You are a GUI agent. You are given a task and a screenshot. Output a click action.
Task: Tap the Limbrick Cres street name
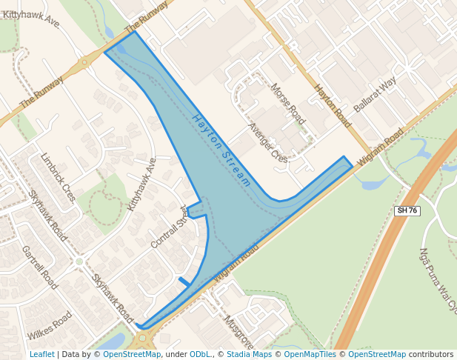click(x=59, y=177)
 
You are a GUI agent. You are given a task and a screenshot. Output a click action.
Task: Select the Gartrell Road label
click(x=40, y=267)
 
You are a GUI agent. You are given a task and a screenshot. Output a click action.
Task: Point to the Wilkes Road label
click(x=50, y=325)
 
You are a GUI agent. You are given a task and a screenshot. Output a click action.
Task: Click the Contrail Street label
click(x=170, y=227)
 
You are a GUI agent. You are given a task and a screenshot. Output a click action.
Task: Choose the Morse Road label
click(x=288, y=103)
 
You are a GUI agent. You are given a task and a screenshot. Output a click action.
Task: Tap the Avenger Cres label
click(x=268, y=142)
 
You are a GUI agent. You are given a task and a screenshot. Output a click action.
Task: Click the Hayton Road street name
click(x=333, y=106)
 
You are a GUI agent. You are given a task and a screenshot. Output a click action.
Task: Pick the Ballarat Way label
click(x=375, y=94)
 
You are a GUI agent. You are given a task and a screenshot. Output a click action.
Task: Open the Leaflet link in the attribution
click(x=41, y=354)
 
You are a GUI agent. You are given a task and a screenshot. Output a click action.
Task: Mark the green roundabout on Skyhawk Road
click(x=79, y=261)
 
